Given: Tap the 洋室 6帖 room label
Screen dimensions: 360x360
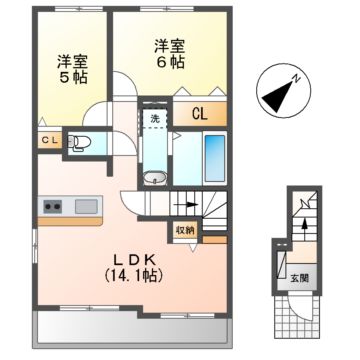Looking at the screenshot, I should click(168, 53).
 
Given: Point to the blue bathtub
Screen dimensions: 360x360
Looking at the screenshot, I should click(215, 154).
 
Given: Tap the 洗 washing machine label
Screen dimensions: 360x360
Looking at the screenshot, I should click(155, 118).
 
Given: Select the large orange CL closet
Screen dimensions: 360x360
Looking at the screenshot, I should click(200, 113).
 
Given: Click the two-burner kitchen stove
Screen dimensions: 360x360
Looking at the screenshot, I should click(52, 207).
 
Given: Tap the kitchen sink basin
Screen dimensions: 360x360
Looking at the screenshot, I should click(85, 207).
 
